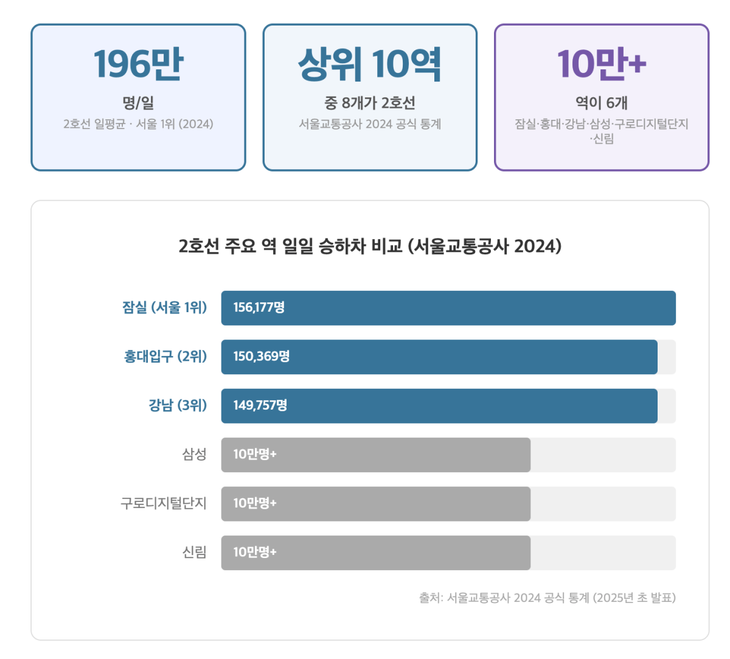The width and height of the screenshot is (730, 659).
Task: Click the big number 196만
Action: click(x=138, y=64)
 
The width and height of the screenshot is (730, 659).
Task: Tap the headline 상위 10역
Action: click(x=369, y=64)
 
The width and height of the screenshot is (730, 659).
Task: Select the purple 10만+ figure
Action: click(x=601, y=64)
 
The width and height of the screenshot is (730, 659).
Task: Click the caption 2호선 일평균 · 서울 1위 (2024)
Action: click(x=138, y=124)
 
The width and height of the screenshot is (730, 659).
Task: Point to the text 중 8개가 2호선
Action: click(x=369, y=103)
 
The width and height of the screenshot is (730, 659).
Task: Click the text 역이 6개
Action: click(x=601, y=103)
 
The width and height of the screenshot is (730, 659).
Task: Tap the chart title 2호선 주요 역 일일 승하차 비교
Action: click(x=369, y=246)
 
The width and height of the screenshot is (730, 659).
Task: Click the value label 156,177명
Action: click(x=259, y=308)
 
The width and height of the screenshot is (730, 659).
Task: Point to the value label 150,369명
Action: click(x=261, y=357)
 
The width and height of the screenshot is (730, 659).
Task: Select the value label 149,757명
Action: click(x=260, y=405)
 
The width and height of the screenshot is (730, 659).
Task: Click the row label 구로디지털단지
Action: click(x=164, y=504)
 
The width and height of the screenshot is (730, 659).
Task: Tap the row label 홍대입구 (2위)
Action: click(x=165, y=357)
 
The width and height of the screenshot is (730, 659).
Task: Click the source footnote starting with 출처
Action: click(x=547, y=598)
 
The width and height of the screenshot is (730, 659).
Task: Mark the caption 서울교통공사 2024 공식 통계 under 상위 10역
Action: click(x=369, y=124)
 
